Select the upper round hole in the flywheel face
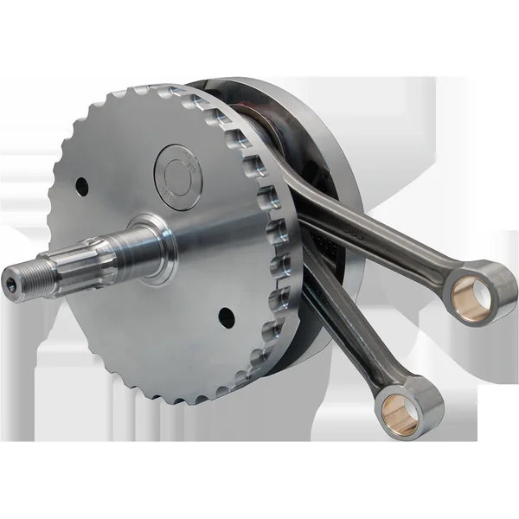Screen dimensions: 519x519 81,185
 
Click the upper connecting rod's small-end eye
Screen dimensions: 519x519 484,290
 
